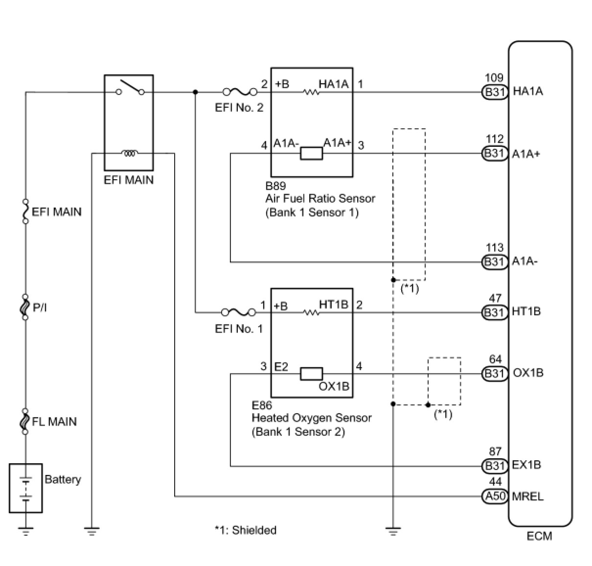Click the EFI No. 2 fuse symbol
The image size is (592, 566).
coord(240,92)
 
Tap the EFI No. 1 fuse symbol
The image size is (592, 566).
coord(239,312)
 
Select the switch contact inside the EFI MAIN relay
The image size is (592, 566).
coord(130,88)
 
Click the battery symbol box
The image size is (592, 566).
coord(26,488)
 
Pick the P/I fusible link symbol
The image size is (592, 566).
coord(25,307)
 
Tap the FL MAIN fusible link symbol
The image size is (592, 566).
coord(25,421)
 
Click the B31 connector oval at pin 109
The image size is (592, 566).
coord(495,92)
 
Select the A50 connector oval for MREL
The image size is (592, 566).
coord(495,496)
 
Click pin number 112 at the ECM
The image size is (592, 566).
coord(495,139)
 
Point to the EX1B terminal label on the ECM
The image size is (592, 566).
coord(526,465)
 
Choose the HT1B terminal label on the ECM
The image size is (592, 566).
coord(526,311)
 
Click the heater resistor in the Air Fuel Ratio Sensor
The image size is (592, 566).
coord(311,92)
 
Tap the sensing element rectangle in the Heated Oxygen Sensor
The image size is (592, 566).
coord(311,374)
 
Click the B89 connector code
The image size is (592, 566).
coord(275,186)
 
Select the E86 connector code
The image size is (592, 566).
coord(262,405)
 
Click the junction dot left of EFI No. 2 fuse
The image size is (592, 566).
coord(195,92)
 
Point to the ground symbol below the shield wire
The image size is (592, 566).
coord(393,531)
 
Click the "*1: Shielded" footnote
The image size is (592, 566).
coord(246,530)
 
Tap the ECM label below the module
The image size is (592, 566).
coord(539,544)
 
